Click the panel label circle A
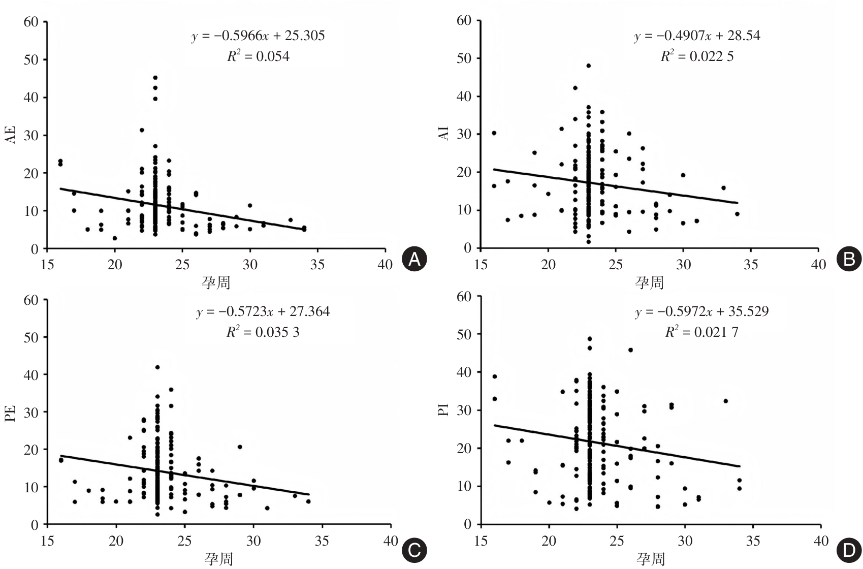point(414,259)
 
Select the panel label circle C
point(414,550)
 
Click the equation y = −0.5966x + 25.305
point(258,37)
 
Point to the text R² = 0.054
point(258,56)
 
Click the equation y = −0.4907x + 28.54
point(697,37)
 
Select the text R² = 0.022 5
point(697,56)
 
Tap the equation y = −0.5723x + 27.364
point(263,312)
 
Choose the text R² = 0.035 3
point(263,332)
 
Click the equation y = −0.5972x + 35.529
point(702,312)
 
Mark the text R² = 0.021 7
point(702,332)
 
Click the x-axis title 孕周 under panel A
point(216,282)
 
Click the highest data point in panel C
point(157,367)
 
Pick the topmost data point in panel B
point(589,66)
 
